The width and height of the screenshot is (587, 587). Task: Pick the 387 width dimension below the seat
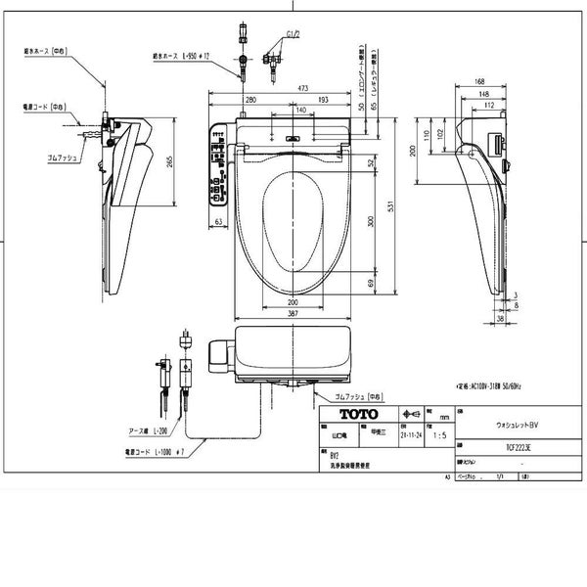(293, 313)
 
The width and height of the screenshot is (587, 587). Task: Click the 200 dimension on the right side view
(415, 151)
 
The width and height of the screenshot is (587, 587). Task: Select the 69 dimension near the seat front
(369, 282)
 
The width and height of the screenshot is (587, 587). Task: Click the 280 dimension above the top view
(250, 101)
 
